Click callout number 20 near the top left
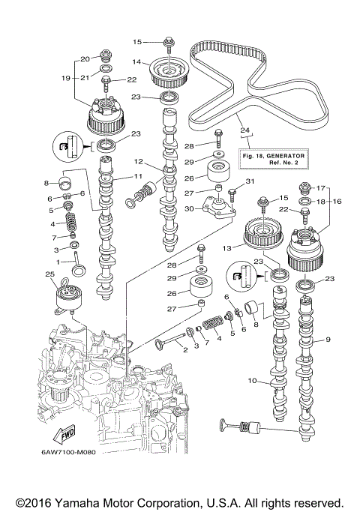click(x=85, y=58)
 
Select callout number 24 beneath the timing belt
click(x=243, y=130)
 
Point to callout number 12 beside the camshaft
click(x=139, y=161)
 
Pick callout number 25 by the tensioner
click(x=51, y=277)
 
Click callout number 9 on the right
click(x=327, y=340)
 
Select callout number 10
click(x=252, y=381)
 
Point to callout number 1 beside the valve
click(x=60, y=262)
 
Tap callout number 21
click(x=85, y=77)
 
